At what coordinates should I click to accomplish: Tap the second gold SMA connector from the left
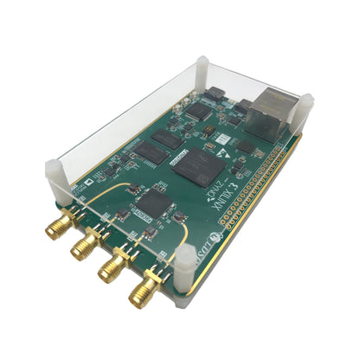[x=85, y=247]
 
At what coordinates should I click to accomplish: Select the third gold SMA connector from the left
[x=111, y=268]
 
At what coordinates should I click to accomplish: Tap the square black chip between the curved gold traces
[x=152, y=202]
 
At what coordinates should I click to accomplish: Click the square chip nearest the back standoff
[x=199, y=112]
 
